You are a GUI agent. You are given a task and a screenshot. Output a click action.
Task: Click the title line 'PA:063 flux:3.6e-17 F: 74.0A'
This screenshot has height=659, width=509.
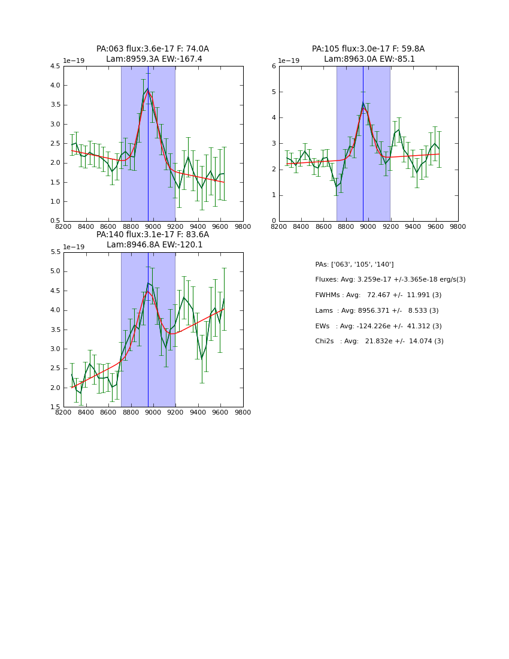pos(153,49)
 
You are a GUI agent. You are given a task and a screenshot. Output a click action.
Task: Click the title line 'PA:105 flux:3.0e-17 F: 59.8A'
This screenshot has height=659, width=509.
pos(368,49)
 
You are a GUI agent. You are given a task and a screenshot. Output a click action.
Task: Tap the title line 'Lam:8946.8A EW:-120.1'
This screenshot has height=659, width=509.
pos(154,244)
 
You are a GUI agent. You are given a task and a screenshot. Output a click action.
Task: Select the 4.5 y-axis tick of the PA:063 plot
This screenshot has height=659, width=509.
pos(54,66)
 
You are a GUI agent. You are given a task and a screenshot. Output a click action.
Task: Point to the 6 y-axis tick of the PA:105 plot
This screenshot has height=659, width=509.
pos(272,66)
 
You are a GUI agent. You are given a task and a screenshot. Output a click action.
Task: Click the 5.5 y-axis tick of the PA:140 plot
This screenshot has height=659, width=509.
pos(54,252)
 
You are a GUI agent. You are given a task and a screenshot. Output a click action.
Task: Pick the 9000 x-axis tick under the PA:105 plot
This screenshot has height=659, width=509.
pos(368,226)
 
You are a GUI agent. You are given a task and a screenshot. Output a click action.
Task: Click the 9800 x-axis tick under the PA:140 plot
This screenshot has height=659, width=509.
pos(243,412)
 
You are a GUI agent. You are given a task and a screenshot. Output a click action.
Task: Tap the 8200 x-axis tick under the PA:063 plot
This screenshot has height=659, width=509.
pos(63,226)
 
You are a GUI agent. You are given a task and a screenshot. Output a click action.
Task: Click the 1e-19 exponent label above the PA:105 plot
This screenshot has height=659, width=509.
pos(290,61)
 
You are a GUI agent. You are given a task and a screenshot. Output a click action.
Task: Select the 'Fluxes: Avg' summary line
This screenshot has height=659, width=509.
pos(390,280)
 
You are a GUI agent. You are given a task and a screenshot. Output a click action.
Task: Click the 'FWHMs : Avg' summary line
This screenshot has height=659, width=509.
pos(378,295)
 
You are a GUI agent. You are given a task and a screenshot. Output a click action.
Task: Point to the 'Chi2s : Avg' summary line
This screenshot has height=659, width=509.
pos(379,341)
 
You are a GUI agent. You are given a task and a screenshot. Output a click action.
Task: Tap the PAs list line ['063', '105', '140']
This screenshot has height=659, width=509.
pos(354,264)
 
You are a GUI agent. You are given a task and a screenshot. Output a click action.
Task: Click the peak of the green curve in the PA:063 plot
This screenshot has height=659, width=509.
pos(147,89)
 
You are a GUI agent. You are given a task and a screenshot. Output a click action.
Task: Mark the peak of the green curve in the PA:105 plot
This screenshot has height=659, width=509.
pos(363,104)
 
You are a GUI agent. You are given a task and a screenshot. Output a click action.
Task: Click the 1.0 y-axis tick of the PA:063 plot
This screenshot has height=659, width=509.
pos(54,202)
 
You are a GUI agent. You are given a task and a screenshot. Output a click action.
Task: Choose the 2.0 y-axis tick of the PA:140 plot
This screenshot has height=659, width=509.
pos(54,388)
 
